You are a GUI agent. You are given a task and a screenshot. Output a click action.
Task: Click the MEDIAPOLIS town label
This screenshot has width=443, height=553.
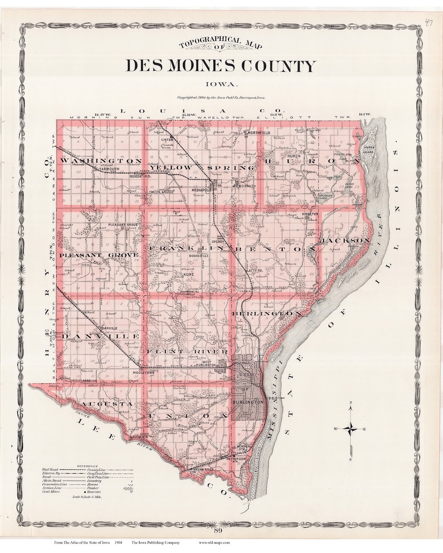(x=201, y=190)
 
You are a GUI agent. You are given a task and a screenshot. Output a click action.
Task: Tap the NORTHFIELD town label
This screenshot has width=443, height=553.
(x=257, y=133)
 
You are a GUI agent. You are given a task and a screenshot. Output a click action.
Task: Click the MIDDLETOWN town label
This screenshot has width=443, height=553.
(x=143, y=373)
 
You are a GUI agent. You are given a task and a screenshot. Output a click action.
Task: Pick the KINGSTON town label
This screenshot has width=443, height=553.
(x=310, y=214)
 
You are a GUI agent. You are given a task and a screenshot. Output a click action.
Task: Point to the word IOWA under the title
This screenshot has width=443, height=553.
(x=222, y=84)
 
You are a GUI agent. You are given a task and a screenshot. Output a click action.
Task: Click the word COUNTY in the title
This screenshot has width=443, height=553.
(x=279, y=66)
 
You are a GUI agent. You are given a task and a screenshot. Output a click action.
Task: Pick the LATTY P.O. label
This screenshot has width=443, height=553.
(x=253, y=271)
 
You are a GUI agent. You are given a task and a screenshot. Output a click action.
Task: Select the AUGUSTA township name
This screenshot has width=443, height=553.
(x=106, y=404)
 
